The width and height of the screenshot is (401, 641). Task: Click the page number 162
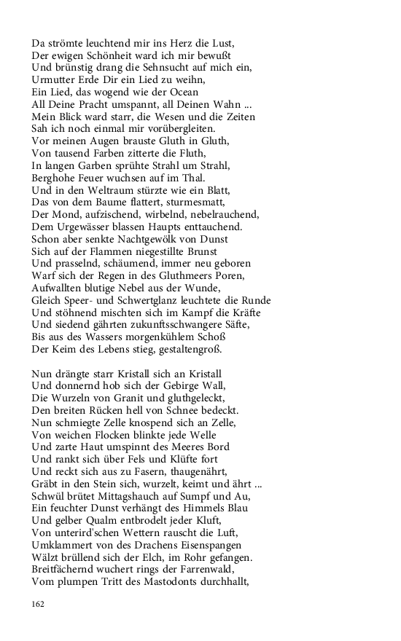[x=38, y=604]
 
